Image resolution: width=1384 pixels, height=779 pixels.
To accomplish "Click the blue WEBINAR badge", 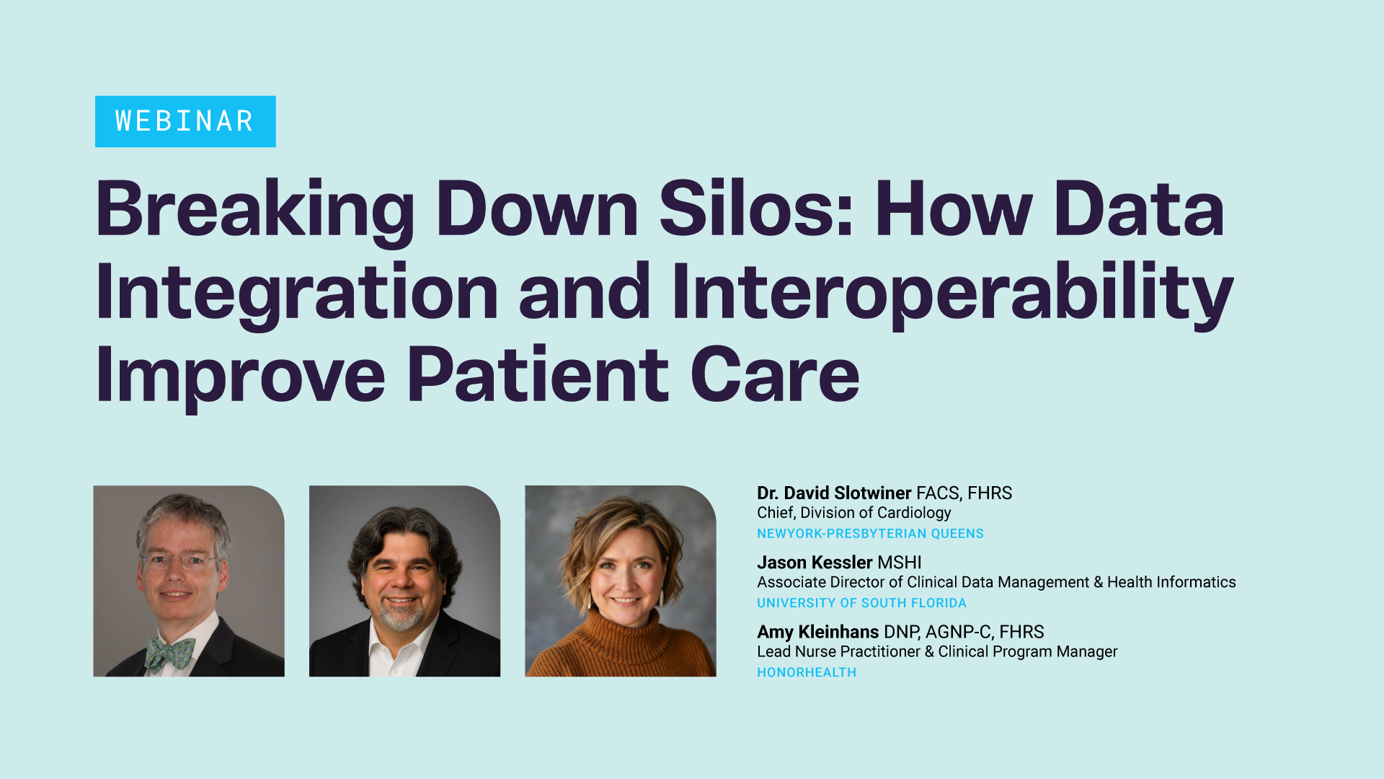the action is pyautogui.click(x=185, y=121).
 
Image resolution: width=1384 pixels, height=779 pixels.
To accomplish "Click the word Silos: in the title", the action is pyautogui.click(x=757, y=208).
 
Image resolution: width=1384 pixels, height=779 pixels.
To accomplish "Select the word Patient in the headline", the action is pyautogui.click(x=538, y=374).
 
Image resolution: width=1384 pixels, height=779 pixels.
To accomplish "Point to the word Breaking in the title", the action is pyautogui.click(x=255, y=211).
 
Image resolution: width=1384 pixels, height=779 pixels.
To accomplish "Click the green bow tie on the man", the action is pyautogui.click(x=169, y=652).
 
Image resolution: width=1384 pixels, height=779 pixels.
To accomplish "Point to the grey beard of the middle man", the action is pyautogui.click(x=401, y=615).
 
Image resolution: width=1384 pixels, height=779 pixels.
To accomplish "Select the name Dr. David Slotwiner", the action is pyautogui.click(x=834, y=493).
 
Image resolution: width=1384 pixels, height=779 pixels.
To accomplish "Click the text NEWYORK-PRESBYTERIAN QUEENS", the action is pyautogui.click(x=870, y=534).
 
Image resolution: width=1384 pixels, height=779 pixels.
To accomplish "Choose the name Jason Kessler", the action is pyautogui.click(x=815, y=563).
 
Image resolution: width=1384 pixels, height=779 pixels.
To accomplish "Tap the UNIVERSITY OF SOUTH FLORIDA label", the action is pyautogui.click(x=861, y=603).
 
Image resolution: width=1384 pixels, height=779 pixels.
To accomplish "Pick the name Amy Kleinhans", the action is pyautogui.click(x=817, y=632).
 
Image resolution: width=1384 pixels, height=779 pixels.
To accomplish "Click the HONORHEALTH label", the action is pyautogui.click(x=807, y=672).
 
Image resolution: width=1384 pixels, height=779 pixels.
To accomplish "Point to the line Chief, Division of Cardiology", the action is pyautogui.click(x=854, y=513).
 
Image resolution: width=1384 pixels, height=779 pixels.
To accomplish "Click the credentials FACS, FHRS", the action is pyautogui.click(x=964, y=493).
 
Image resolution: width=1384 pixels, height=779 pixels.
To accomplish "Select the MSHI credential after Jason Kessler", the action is pyautogui.click(x=900, y=563).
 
